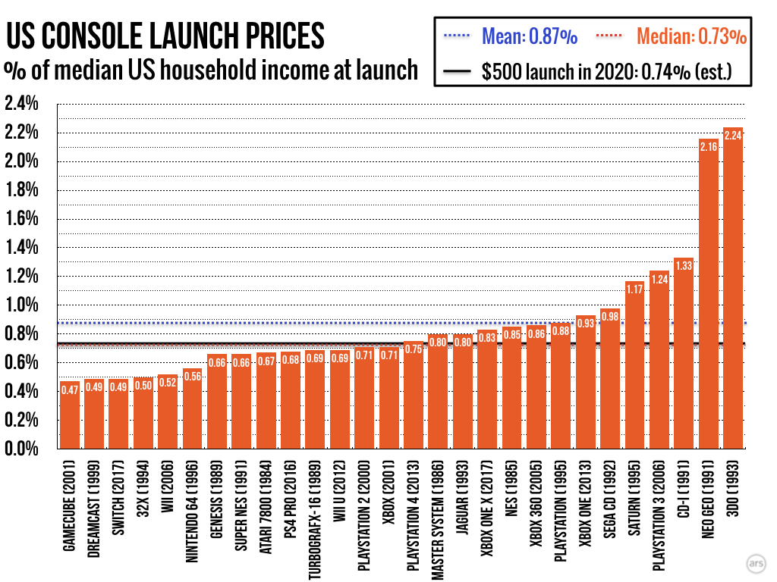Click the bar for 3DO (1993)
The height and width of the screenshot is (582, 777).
click(x=733, y=288)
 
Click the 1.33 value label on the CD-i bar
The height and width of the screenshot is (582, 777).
click(x=684, y=265)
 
